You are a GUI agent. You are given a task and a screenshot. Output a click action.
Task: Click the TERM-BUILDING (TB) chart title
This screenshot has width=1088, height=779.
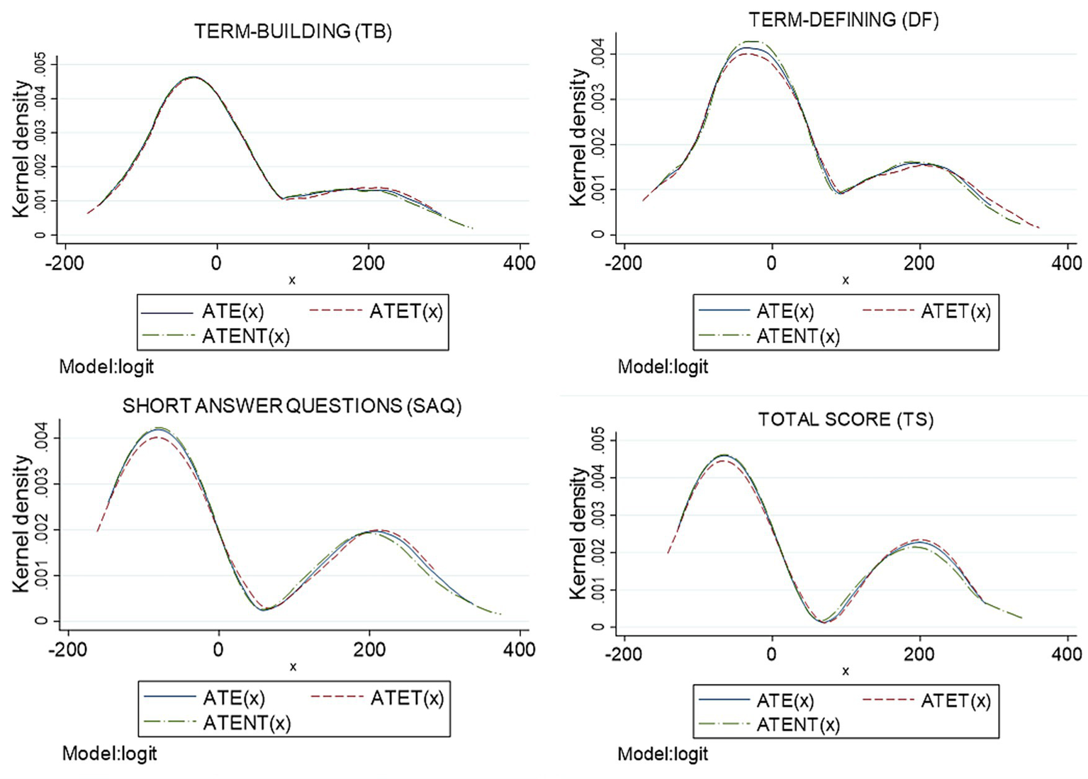293,31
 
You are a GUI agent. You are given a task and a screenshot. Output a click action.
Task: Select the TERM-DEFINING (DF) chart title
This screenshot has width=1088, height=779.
843,20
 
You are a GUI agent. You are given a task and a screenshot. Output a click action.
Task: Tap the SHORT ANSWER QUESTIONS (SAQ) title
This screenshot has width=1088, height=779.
292,405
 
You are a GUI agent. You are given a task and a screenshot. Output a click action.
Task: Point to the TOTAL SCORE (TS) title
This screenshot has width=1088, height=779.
846,419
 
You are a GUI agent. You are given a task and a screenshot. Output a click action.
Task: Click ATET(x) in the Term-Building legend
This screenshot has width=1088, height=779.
405,311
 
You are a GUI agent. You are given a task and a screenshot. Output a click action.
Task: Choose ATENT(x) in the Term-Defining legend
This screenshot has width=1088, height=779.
798,336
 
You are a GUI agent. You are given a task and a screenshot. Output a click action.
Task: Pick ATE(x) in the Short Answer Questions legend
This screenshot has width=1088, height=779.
234,697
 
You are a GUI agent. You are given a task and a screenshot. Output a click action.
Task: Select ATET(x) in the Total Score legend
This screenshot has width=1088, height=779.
955,700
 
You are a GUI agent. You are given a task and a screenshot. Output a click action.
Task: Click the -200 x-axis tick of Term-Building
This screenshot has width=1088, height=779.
65,263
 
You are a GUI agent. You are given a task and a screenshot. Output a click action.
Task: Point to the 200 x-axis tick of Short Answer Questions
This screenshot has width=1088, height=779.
369,649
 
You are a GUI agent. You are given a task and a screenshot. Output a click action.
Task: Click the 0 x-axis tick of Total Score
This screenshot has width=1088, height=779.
772,654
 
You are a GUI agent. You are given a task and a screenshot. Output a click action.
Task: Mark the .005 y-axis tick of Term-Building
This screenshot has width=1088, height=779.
42,65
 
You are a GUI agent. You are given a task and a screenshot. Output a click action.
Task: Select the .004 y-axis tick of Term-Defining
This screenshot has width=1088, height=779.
598,54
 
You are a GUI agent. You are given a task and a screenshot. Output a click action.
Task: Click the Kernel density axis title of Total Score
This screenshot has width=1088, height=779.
579,533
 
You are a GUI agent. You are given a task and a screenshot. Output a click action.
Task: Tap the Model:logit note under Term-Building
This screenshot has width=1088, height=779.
106,366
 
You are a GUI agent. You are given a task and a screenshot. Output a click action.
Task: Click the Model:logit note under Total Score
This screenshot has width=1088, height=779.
663,753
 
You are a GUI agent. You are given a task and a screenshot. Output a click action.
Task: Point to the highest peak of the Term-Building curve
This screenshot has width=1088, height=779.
193,77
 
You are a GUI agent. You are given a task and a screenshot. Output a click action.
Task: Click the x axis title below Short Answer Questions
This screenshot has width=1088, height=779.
293,667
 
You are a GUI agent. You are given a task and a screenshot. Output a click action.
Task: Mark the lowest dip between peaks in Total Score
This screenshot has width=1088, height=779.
824,622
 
